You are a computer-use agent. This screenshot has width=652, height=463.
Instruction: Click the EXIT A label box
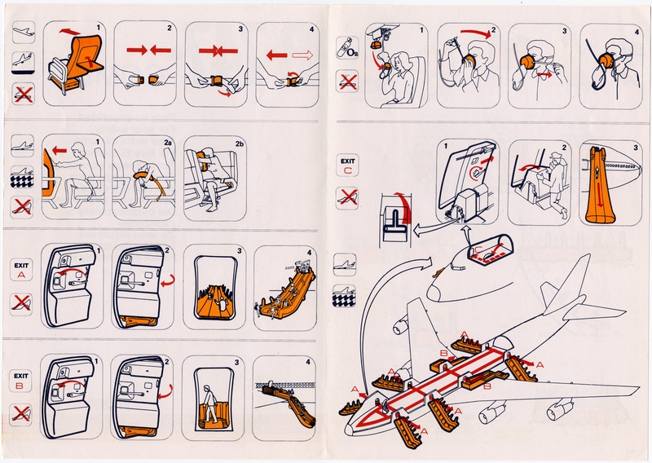tap(23, 270)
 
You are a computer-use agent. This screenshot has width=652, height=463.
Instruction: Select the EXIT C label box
tap(348, 165)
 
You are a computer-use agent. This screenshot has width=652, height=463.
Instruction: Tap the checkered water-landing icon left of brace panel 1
tap(23, 179)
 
